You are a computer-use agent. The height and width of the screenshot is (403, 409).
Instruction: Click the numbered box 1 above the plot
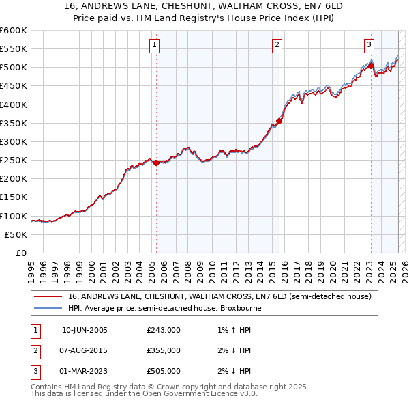coord(155,46)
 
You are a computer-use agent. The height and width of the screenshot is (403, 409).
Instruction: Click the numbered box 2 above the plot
coord(277,46)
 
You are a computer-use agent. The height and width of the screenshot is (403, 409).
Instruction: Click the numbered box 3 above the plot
coord(369,46)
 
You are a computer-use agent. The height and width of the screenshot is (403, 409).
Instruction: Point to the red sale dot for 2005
coord(156,163)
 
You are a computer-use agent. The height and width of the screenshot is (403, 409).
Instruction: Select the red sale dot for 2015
coord(279,122)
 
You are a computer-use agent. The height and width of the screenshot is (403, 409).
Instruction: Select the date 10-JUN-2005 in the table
coord(85,330)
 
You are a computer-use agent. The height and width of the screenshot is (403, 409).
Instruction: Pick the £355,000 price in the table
coord(163,350)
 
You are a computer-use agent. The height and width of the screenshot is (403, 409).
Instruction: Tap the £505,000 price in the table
coord(163,371)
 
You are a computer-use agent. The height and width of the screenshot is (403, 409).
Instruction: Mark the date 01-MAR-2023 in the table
coord(85,371)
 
